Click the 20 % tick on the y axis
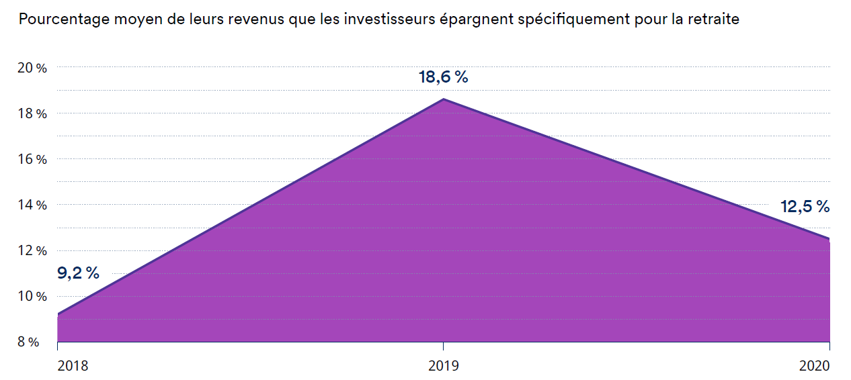tap(32, 68)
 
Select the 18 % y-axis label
tap(32, 113)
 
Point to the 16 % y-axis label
tap(32, 159)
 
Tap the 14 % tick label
tap(32, 205)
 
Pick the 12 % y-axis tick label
tap(32, 250)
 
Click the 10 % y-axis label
tap(32, 296)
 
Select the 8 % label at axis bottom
tap(29, 342)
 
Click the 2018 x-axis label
tap(73, 366)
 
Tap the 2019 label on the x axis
tap(443, 366)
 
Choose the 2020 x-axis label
tap(815, 366)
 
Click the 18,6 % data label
tap(443, 77)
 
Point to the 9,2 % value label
tap(78, 273)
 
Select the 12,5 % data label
tap(805, 207)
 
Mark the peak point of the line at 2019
tap(443, 99)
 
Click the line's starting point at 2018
tap(58, 314)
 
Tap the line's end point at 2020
tap(829, 238)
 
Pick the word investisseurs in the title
tap(388, 19)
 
